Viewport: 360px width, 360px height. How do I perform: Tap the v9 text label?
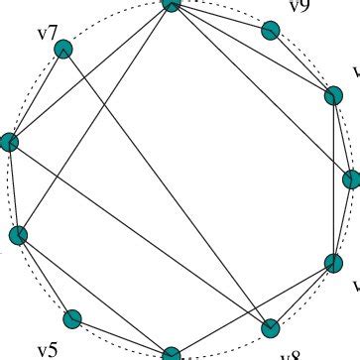coord(299,8)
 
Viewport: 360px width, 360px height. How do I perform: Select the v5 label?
coord(48,349)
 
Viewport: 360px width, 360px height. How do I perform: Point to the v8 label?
coord(290,354)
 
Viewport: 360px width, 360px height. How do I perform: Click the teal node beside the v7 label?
coord(64,49)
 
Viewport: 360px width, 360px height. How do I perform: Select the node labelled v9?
coord(271,30)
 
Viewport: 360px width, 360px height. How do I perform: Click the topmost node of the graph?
coord(171,4)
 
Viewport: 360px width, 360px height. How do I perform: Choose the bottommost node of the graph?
coord(171,353)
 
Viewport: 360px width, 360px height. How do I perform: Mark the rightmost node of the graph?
coord(351,180)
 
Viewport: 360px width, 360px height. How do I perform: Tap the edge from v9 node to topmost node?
coord(220,17)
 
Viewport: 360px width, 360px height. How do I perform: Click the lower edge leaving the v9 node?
coord(302,62)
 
